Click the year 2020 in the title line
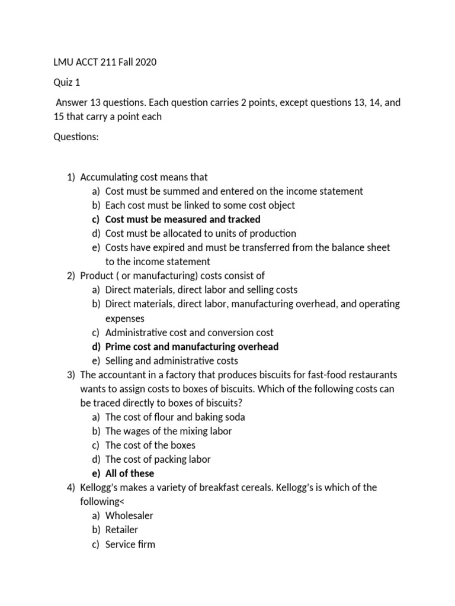tap(145, 62)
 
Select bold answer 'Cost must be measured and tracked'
tap(182, 220)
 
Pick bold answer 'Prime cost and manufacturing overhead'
tap(191, 347)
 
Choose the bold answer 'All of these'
tap(129, 473)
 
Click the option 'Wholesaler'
tap(129, 516)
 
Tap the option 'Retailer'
tap(121, 530)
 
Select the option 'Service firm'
tap(130, 544)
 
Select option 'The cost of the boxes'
tap(150, 445)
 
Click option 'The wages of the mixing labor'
tap(168, 431)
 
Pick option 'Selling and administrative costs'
tap(171, 361)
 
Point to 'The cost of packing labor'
tap(158, 459)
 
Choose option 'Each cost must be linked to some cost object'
tap(200, 205)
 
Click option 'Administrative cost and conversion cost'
tap(189, 333)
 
